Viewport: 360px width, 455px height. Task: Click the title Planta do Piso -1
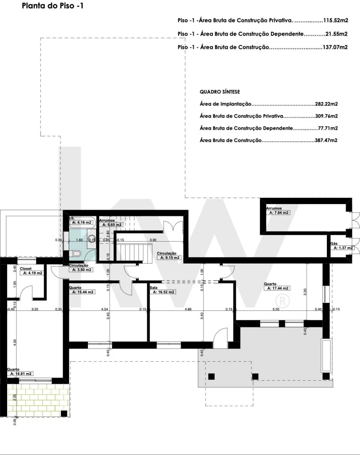point(53,6)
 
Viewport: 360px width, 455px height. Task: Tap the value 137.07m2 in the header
point(335,47)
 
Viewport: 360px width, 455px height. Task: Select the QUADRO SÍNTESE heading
point(220,92)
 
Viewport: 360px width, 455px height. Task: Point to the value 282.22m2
point(326,104)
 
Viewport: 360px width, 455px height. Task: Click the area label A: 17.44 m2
point(277,288)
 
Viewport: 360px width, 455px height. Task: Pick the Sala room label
point(154,288)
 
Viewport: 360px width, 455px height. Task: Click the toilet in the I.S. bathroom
point(77,253)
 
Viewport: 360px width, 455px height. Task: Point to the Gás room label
point(334,244)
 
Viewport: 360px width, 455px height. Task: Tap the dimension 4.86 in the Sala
point(188,309)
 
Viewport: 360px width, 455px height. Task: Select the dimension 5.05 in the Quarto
point(276,309)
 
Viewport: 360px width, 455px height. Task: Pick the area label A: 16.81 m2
point(20,374)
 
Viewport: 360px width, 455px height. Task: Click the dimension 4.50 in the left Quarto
point(15,343)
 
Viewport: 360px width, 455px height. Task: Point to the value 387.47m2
point(326,140)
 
